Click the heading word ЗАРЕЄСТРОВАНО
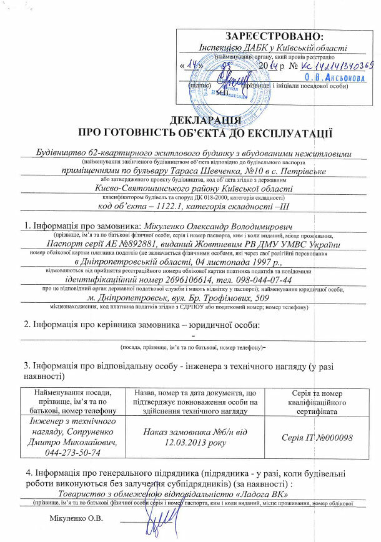275,36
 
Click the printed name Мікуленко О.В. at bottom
76,518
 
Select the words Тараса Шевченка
204,170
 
